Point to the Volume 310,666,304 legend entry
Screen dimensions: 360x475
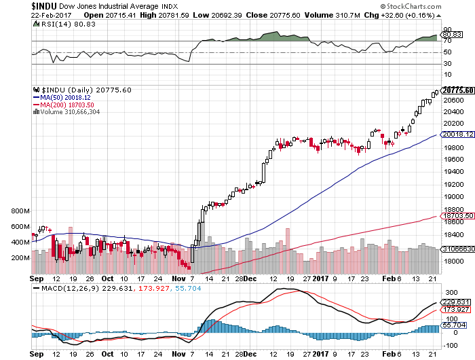click(71, 111)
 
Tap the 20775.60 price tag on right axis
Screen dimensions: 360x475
click(456, 90)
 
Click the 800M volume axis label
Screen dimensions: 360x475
click(21, 211)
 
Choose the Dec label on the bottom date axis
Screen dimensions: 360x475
click(250, 278)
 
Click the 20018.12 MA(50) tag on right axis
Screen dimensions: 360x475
click(456, 136)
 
